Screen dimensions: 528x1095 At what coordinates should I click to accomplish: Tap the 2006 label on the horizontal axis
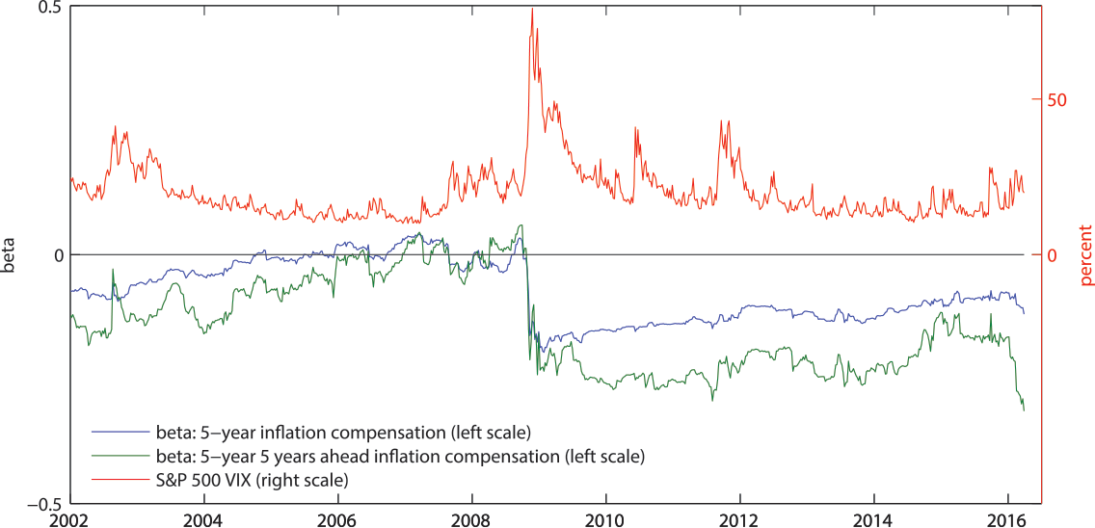pos(337,518)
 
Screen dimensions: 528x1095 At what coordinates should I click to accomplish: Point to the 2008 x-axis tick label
pos(471,518)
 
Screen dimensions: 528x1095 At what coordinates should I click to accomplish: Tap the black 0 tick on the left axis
pos(57,255)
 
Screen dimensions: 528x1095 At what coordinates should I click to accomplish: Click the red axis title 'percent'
pos(1085,255)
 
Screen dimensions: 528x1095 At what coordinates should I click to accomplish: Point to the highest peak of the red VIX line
pos(532,9)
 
